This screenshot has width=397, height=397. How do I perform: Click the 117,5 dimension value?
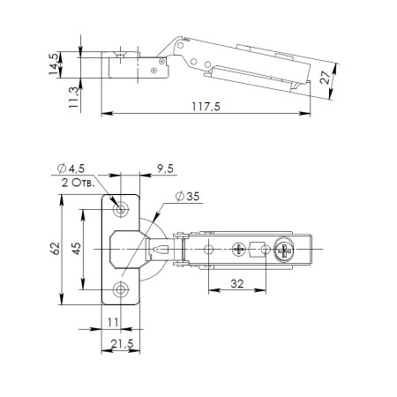click(x=206, y=107)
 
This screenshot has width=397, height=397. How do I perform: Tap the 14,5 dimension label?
click(x=54, y=64)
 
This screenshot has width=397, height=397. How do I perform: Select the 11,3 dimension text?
click(x=73, y=98)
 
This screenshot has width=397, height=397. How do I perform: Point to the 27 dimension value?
click(x=325, y=78)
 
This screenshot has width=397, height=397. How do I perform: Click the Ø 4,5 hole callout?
click(x=71, y=169)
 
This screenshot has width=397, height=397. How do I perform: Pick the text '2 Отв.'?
click(x=79, y=183)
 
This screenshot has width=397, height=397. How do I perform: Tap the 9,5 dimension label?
click(x=165, y=169)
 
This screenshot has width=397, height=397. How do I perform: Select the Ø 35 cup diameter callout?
click(x=187, y=196)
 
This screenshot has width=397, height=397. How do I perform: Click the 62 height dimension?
click(x=55, y=249)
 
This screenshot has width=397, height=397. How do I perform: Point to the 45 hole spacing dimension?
click(x=76, y=249)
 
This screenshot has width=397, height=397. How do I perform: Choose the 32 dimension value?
click(x=237, y=284)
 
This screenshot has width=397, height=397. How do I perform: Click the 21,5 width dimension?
click(x=122, y=343)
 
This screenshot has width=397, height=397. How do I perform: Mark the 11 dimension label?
click(x=113, y=322)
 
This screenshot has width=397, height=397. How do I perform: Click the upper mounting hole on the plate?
click(x=121, y=209)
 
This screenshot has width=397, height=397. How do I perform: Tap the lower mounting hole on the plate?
click(x=121, y=289)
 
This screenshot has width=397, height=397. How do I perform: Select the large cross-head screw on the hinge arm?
click(x=284, y=251)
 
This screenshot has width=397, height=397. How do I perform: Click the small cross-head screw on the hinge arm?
click(x=239, y=250)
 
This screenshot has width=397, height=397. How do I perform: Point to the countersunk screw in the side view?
click(x=120, y=55)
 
